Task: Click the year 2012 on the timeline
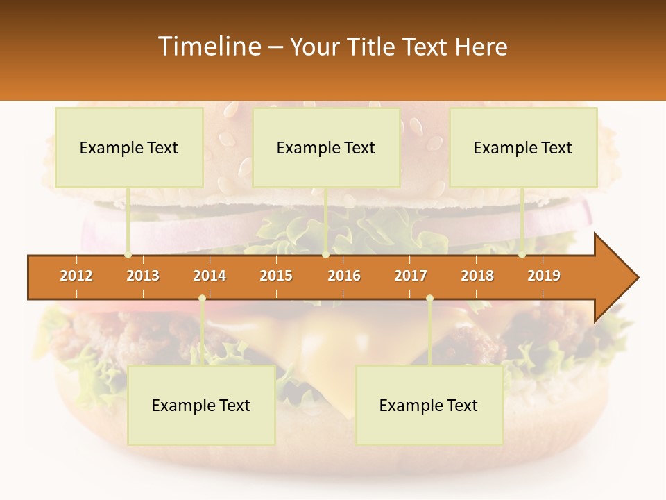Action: (76, 276)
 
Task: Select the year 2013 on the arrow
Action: (143, 276)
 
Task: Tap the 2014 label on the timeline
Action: (210, 276)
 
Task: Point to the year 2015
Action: (276, 276)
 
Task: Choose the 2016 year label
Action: (344, 276)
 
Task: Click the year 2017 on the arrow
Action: (411, 276)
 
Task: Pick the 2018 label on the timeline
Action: (477, 276)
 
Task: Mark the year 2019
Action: (544, 276)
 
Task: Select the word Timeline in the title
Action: (208, 47)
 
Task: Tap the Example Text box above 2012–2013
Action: (129, 147)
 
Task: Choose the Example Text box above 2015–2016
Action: (326, 147)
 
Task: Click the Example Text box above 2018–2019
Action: (523, 147)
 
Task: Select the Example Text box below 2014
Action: (201, 405)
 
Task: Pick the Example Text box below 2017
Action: (429, 405)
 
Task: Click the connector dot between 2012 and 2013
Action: (128, 255)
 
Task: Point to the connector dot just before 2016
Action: (325, 255)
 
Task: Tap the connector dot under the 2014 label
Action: (202, 299)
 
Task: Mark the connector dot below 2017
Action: (429, 299)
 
